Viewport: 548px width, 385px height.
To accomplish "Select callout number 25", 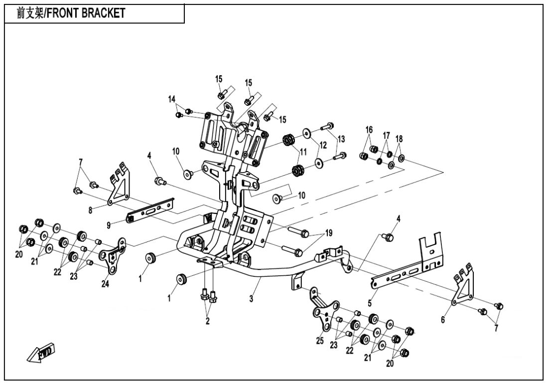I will [320, 341].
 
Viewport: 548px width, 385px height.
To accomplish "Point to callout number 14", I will [172, 99].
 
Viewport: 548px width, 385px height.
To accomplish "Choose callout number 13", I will [341, 138].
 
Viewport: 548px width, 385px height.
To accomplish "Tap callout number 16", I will [369, 130].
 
